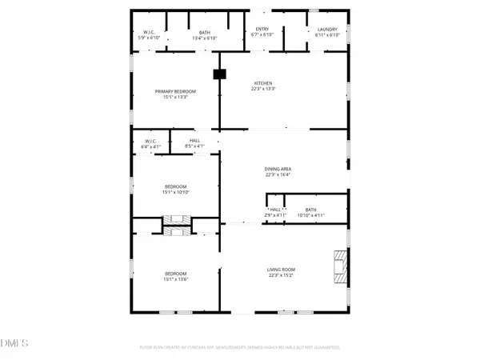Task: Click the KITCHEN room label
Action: pos(264,83)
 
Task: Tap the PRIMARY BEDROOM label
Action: pos(175,92)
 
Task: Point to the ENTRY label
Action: pos(262,30)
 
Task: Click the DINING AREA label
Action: pos(278,170)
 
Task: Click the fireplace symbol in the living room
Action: pos(342,264)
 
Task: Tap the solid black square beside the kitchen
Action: pos(218,74)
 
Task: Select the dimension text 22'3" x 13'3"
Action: pos(264,89)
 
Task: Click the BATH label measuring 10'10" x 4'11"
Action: pos(310,210)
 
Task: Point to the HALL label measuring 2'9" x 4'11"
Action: pos(275,210)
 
